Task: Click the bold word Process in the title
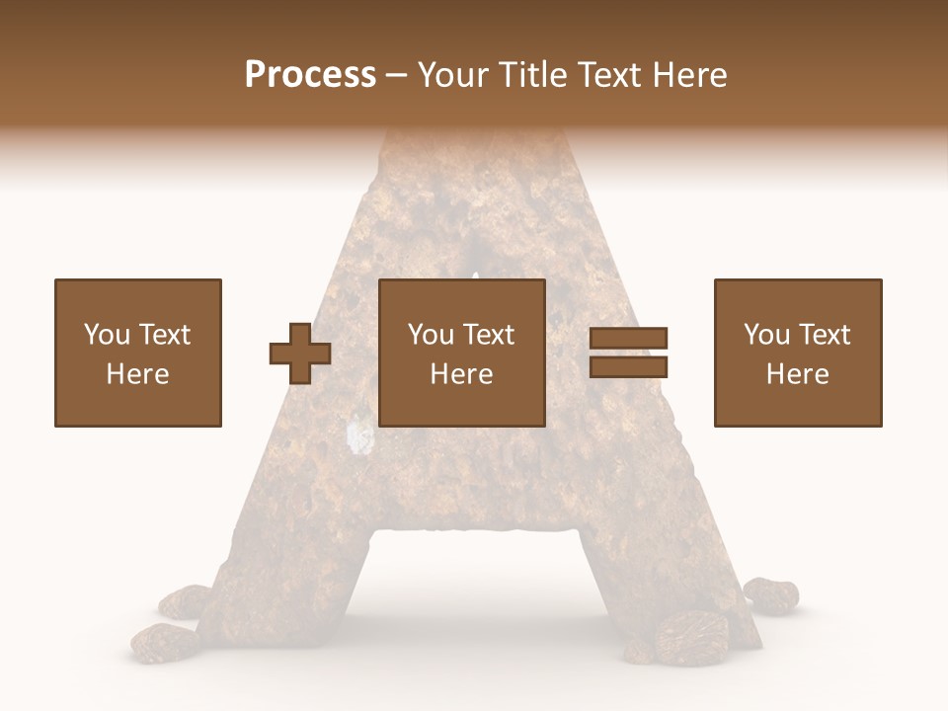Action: coord(310,75)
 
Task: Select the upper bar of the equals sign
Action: coord(629,338)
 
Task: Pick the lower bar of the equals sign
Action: coord(629,367)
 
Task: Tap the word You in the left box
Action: coord(107,335)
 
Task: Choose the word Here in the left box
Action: coord(137,374)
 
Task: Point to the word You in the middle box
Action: coord(432,335)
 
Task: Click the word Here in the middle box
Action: coord(462,374)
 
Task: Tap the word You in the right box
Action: coord(767,335)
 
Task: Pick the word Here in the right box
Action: coord(798,374)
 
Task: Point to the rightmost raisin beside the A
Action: coord(770,592)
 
